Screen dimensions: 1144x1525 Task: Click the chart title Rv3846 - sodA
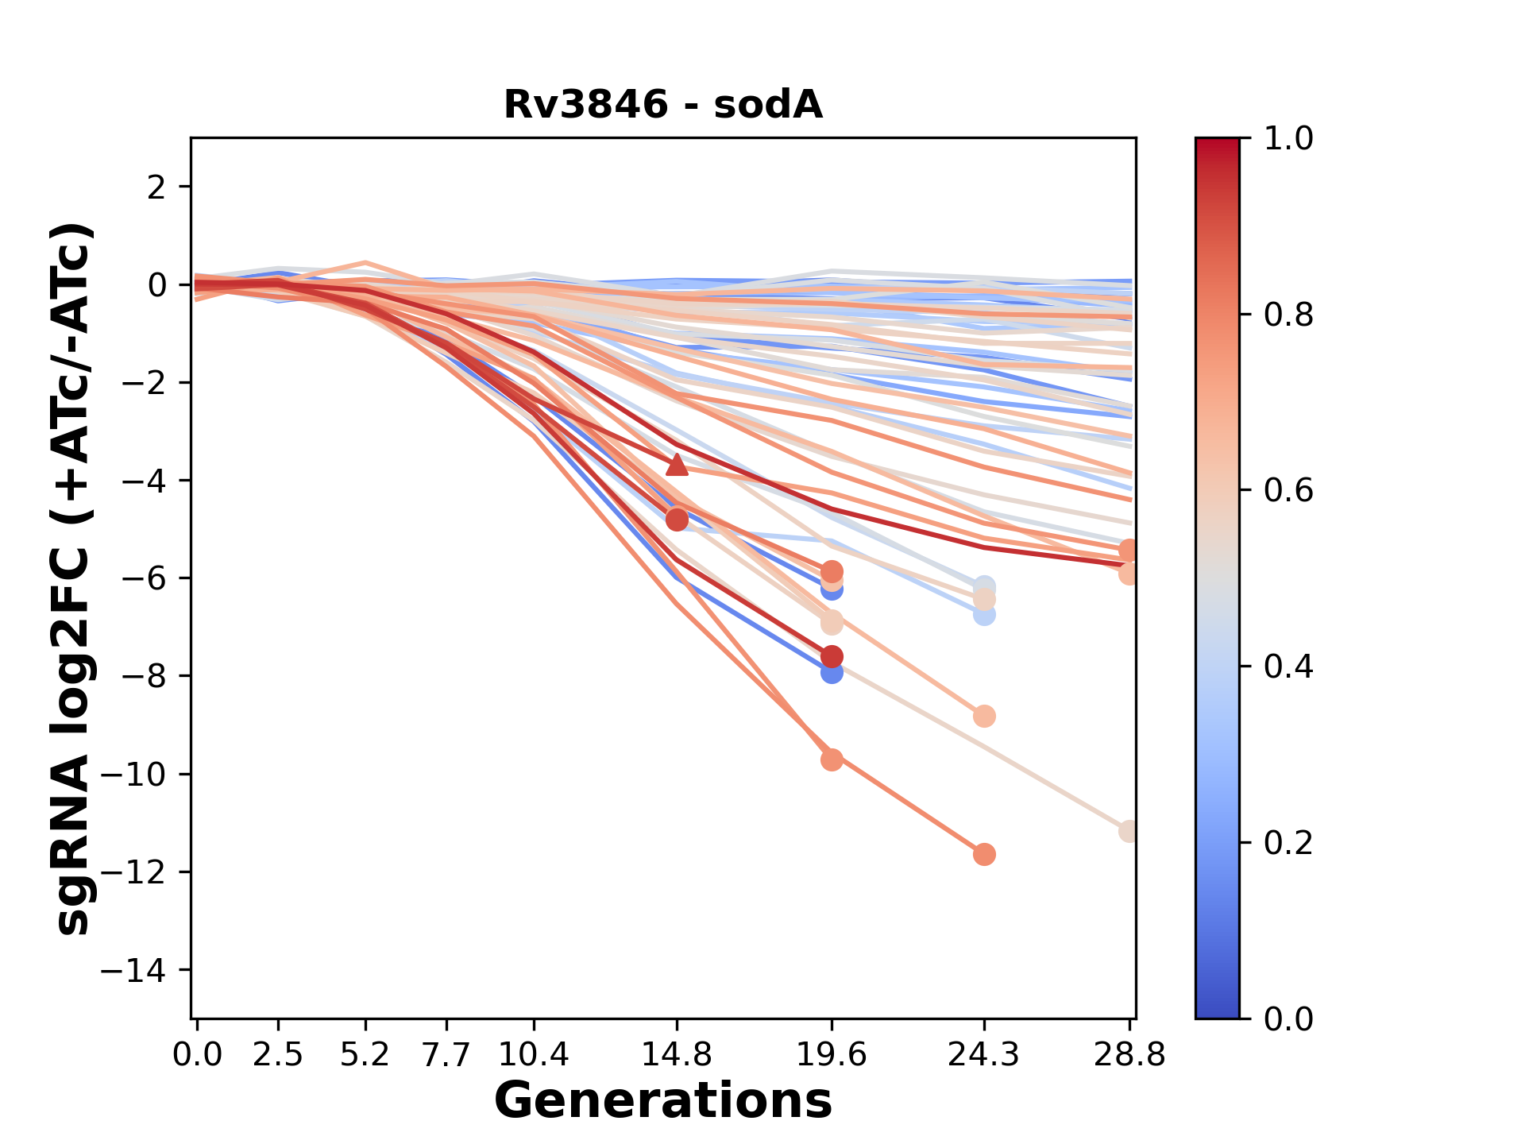(x=663, y=105)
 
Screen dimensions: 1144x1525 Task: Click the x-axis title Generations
(x=663, y=1101)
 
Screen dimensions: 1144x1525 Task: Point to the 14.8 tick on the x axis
(x=677, y=1055)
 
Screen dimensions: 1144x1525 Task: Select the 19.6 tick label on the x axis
(x=832, y=1055)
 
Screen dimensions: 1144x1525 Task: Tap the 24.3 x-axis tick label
(x=984, y=1055)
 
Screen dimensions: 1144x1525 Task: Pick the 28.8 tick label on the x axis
(x=1129, y=1055)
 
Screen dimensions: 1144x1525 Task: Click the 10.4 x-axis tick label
(x=534, y=1055)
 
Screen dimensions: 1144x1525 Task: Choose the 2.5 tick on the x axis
(x=278, y=1055)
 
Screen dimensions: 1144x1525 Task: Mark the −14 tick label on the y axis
(x=143, y=970)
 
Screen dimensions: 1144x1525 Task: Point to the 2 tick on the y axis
(x=156, y=187)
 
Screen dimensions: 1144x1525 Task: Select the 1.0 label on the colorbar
(x=1288, y=139)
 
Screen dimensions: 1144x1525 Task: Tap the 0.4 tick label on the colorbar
(x=1288, y=667)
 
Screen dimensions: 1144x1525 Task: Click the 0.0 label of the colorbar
(x=1288, y=1018)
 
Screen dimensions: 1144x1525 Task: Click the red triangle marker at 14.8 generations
(x=677, y=465)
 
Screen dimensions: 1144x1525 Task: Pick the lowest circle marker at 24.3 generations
(x=984, y=855)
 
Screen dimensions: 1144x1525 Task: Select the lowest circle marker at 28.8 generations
(x=1129, y=832)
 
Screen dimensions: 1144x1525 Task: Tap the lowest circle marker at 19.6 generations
(x=832, y=760)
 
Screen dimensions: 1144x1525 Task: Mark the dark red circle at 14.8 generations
(x=677, y=520)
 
